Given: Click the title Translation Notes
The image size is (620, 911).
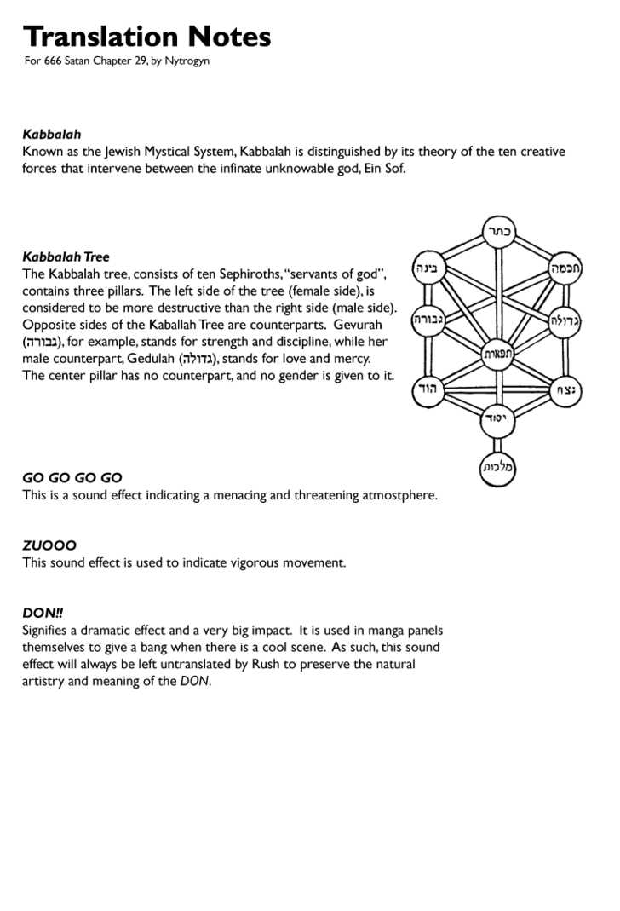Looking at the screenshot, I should [x=146, y=37].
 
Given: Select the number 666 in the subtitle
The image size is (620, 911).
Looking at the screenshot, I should [x=53, y=61].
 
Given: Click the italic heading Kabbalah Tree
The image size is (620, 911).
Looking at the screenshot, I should [x=66, y=257].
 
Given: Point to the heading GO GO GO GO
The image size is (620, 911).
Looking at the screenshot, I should [x=72, y=478].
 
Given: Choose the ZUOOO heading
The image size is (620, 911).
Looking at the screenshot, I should [x=49, y=545].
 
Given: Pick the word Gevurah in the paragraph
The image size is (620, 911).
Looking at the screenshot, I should [x=358, y=325].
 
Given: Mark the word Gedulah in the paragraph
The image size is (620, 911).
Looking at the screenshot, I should [x=152, y=359].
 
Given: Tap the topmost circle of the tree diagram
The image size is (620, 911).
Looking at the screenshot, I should [x=497, y=230].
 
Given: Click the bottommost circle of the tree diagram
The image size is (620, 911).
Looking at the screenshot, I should [x=497, y=467].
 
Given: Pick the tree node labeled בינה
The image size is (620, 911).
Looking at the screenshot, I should [x=428, y=268].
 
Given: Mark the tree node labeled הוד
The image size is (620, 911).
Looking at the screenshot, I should [x=427, y=391].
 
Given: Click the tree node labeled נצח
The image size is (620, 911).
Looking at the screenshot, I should [x=566, y=391].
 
